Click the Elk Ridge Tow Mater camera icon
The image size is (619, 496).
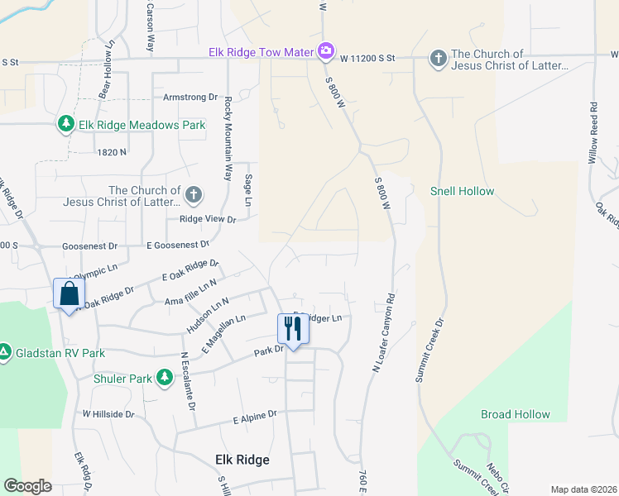(x=326, y=52)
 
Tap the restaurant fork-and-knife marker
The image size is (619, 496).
(x=292, y=328)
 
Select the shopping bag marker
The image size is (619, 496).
(x=68, y=293)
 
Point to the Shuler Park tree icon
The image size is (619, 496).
(x=165, y=378)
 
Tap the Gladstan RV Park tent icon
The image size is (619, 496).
(x=5, y=353)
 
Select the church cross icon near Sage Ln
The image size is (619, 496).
(x=193, y=195)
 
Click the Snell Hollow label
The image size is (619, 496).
(x=462, y=191)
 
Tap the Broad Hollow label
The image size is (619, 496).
(x=515, y=414)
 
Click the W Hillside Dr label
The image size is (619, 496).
(x=108, y=413)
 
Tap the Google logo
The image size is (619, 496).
(x=27, y=486)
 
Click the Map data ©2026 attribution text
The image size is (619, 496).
(x=583, y=489)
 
